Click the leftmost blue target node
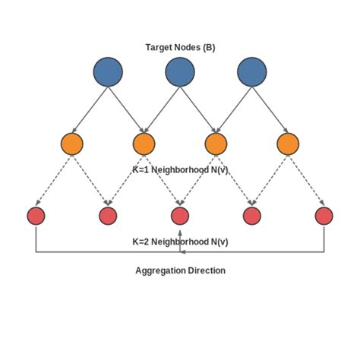tap(108, 72)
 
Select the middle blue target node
tap(180, 72)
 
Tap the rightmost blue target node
tap(252, 72)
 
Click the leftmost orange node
tap(72, 144)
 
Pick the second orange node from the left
tap(144, 144)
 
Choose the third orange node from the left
tap(216, 144)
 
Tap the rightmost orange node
tap(288, 144)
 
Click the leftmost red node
tap(36, 216)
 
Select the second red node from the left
tap(108, 216)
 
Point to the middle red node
tap(180, 216)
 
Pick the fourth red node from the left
tap(252, 216)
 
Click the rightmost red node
tap(324, 216)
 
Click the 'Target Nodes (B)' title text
tap(180, 47)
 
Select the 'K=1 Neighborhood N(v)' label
tap(180, 170)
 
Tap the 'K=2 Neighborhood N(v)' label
tap(180, 242)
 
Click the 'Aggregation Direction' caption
tap(180, 270)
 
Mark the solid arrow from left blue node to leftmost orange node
tap(90, 109)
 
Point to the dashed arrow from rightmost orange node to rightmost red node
tap(306, 180)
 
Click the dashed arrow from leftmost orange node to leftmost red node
tap(54, 180)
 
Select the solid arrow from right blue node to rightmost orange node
tap(270, 109)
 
